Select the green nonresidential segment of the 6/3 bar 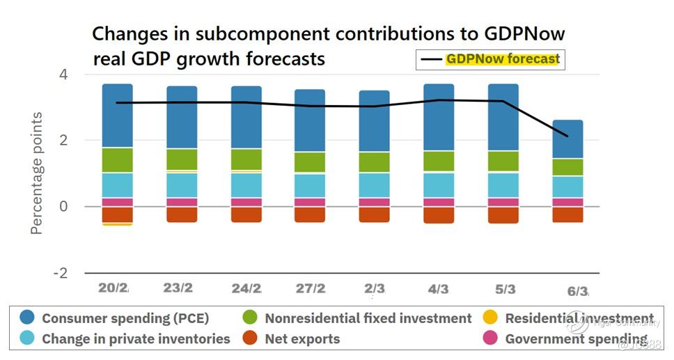tap(567, 167)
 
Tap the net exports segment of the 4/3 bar tap(439, 214)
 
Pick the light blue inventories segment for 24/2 tap(246, 185)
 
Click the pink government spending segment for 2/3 tap(375, 202)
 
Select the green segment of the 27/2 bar tap(310, 162)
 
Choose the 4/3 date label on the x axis tap(439, 289)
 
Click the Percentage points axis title tap(36, 173)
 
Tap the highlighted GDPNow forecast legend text tap(503, 59)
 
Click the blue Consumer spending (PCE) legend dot tap(27, 318)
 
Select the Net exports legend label tap(302, 339)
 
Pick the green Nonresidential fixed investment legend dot tap(251, 318)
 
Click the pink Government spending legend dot tap(491, 339)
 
